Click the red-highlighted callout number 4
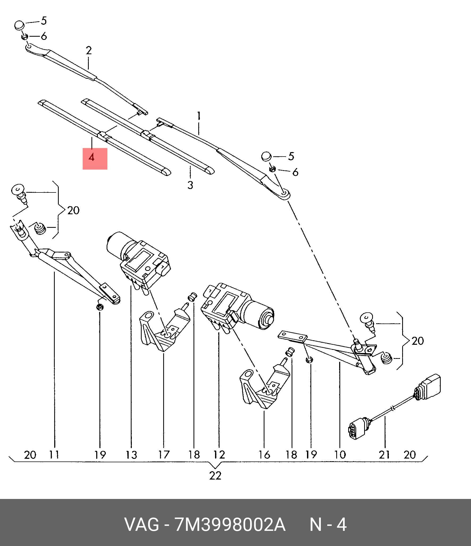(x=92, y=158)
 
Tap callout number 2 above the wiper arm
(x=89, y=51)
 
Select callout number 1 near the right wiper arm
(x=199, y=116)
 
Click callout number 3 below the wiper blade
(x=190, y=185)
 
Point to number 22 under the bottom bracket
(x=215, y=476)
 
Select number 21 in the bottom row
(x=384, y=455)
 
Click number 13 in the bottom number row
(x=131, y=455)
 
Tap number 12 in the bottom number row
(x=219, y=455)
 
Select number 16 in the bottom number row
(x=264, y=455)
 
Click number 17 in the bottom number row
(x=164, y=455)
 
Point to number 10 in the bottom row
(x=340, y=455)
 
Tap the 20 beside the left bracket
(x=73, y=211)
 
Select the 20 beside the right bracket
(x=418, y=341)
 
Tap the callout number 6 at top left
(x=44, y=36)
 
